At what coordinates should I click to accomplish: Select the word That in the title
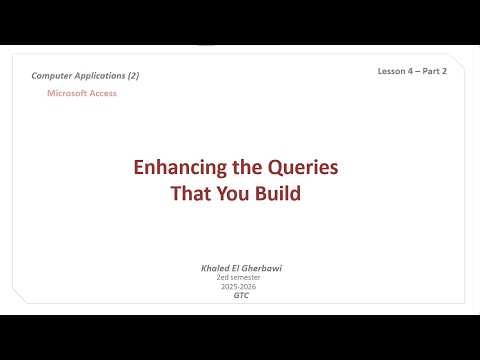(191, 193)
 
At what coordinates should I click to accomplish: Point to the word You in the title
(236, 193)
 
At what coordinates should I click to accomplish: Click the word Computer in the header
(52, 76)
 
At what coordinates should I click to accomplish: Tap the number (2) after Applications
(132, 76)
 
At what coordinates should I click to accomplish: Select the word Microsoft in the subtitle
(68, 93)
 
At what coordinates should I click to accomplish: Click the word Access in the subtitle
(104, 93)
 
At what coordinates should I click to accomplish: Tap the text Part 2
(438, 72)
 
